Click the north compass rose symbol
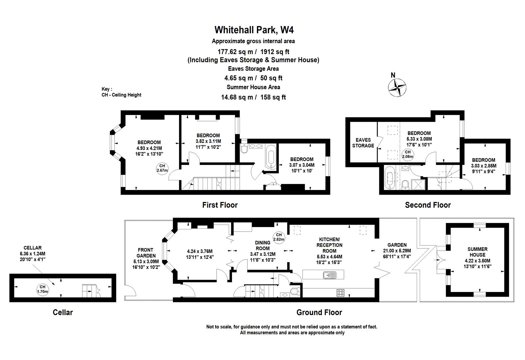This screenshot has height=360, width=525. coord(397,88)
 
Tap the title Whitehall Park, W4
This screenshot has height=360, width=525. coord(254,30)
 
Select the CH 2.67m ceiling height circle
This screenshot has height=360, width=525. coord(162,168)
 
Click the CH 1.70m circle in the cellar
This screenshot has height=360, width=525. coord(42,289)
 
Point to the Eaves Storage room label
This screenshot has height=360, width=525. coord(363,143)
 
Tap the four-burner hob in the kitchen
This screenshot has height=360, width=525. coord(341,293)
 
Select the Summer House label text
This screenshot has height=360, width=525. coord(477,252)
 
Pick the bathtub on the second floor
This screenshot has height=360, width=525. coord(389,178)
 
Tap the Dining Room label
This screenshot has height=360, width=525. coord(262,245)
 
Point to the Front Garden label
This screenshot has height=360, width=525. coord(145,253)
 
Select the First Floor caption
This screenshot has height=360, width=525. coord(220,205)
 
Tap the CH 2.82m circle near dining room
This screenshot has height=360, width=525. coord(279,237)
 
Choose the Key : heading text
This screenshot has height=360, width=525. coord(107,89)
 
